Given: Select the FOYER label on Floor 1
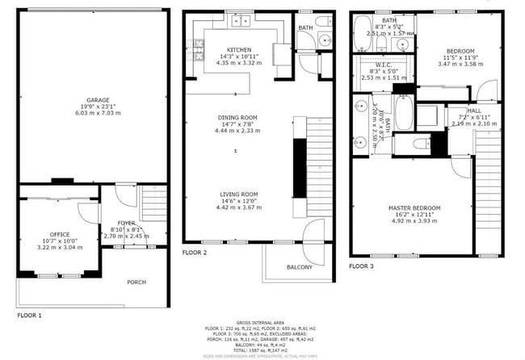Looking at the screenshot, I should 127,222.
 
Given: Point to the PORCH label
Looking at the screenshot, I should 136,283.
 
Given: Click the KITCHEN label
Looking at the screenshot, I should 239,49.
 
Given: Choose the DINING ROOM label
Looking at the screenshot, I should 237,118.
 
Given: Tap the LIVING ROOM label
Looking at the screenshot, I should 237,195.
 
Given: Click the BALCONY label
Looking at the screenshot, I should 300,267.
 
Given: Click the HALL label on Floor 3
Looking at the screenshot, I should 474,111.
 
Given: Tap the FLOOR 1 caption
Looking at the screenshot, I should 29,315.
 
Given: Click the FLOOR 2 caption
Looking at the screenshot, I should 195,253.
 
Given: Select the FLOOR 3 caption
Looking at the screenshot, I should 362,266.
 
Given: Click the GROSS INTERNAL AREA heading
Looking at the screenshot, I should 262,321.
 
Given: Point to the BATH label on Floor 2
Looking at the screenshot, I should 305,28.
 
